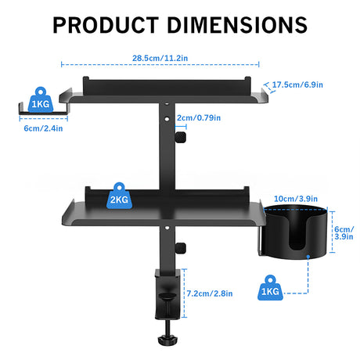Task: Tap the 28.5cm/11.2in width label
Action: (x=164, y=58)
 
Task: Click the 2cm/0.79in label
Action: (x=198, y=118)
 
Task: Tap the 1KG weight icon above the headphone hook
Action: (x=39, y=102)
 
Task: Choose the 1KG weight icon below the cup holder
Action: (x=271, y=289)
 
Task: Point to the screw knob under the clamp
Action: (x=167, y=342)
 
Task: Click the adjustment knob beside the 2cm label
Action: (x=180, y=138)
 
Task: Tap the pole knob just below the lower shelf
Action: (x=180, y=250)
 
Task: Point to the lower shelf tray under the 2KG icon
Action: (x=157, y=211)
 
